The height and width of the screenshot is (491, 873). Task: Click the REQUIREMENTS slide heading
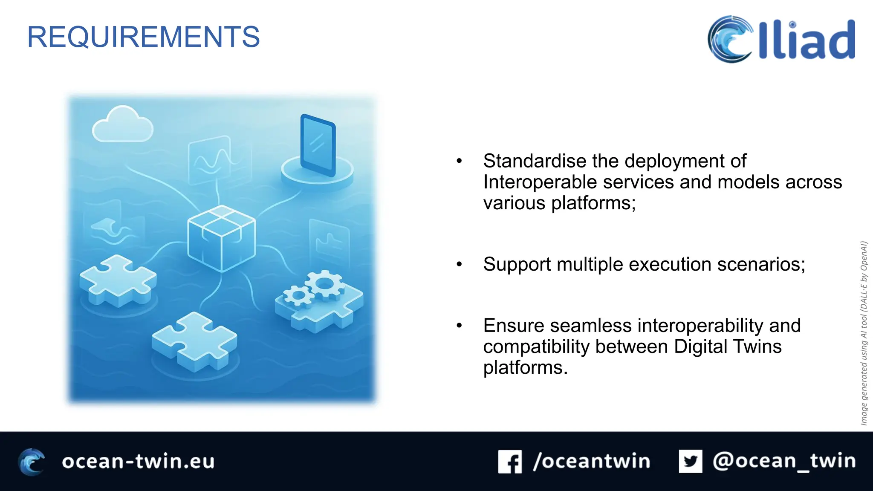(143, 37)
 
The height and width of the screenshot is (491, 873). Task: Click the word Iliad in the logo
(807, 40)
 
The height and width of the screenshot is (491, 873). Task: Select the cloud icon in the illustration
(122, 125)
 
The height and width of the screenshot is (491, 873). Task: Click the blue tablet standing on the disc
(318, 145)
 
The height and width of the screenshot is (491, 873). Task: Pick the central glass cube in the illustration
(221, 239)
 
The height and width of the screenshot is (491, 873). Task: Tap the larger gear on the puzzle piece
(325, 283)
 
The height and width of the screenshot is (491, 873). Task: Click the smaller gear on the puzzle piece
(298, 295)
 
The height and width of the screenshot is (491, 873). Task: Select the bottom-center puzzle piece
(195, 341)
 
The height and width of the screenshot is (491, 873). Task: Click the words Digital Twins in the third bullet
(728, 347)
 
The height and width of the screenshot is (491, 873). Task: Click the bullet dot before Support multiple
(459, 265)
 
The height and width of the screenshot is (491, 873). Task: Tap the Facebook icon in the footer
(510, 462)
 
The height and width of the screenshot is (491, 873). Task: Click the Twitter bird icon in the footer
(691, 461)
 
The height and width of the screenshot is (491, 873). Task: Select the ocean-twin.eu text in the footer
(138, 462)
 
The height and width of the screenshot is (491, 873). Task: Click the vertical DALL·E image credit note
(864, 333)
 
